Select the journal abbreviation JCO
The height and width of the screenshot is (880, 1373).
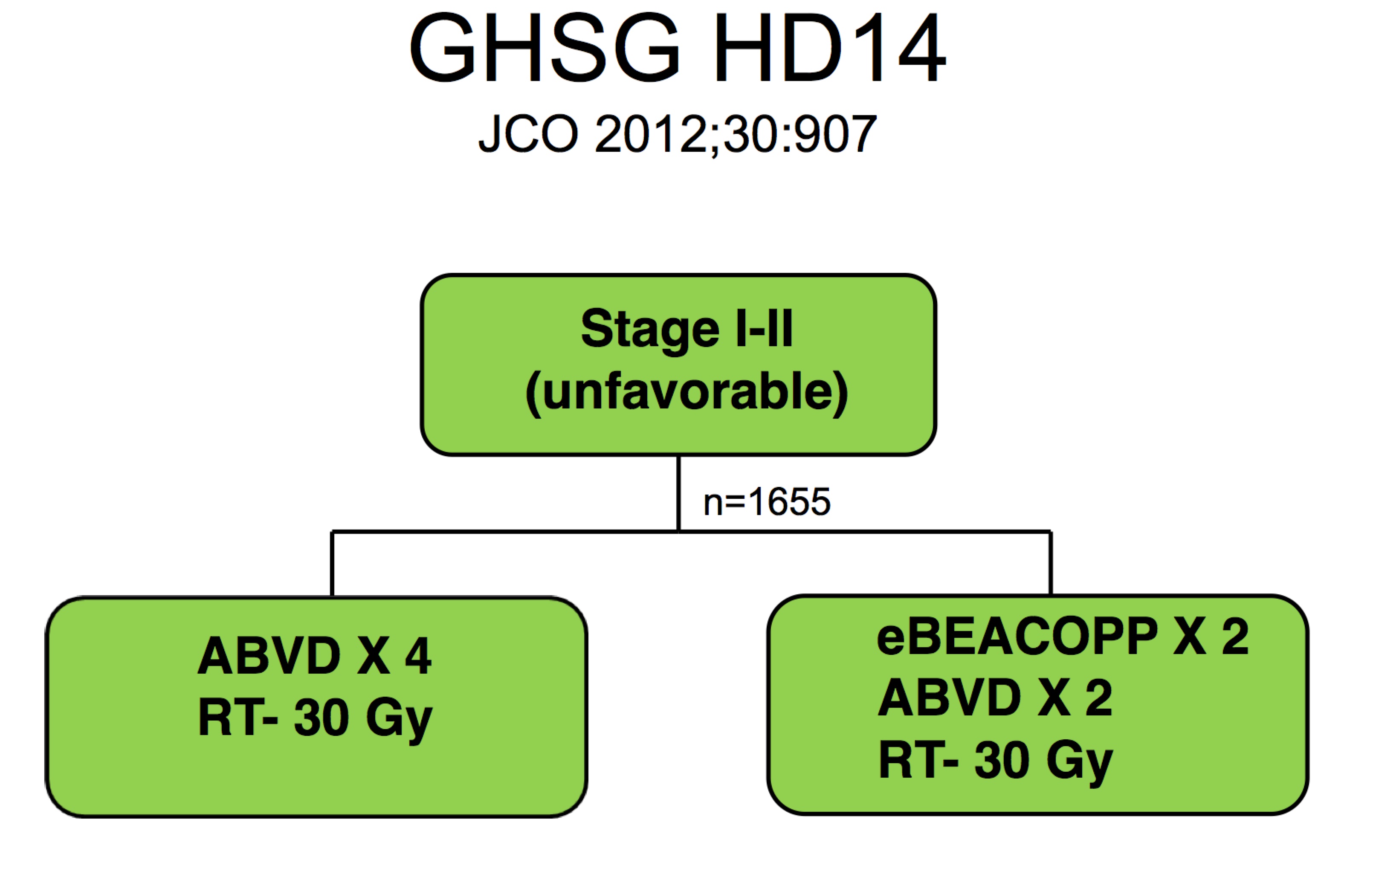click(528, 134)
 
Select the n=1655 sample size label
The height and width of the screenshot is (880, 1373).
click(766, 502)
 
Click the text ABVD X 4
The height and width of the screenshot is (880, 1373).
click(314, 656)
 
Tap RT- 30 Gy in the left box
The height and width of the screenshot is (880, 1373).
click(314, 719)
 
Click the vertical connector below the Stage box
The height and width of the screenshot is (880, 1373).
click(678, 492)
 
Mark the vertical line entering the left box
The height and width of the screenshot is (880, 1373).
click(332, 564)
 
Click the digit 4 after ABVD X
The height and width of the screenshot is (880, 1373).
click(418, 656)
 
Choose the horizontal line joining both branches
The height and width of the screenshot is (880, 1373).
click(514, 531)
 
